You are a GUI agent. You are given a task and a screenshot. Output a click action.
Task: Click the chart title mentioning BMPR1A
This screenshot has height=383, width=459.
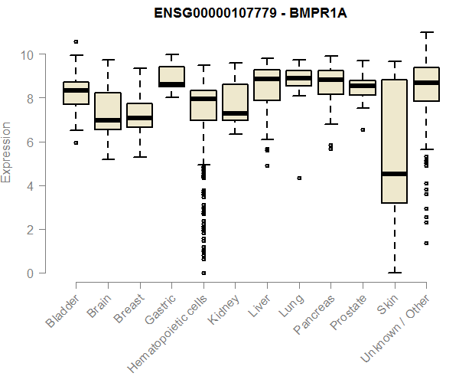(229, 13)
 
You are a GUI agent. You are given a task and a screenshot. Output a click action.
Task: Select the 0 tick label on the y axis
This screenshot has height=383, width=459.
(28, 273)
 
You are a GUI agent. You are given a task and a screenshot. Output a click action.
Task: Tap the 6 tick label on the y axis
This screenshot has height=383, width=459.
(28, 142)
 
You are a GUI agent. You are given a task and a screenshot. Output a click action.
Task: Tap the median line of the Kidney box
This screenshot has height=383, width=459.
(235, 113)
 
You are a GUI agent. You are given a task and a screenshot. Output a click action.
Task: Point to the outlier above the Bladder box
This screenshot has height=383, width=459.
(76, 41)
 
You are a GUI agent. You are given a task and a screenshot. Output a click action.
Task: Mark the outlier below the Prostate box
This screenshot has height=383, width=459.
(363, 130)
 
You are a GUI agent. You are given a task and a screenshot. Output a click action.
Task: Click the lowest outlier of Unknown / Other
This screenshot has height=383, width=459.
(426, 243)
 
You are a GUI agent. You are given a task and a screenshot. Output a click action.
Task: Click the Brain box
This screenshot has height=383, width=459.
(108, 111)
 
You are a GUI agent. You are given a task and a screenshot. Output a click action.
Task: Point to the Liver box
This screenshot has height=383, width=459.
(267, 84)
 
